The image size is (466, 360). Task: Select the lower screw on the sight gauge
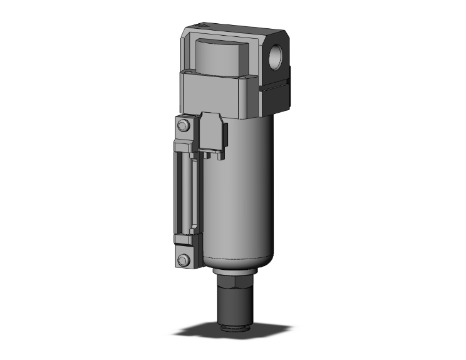point(182,260)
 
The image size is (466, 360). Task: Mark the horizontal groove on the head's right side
point(276,88)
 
